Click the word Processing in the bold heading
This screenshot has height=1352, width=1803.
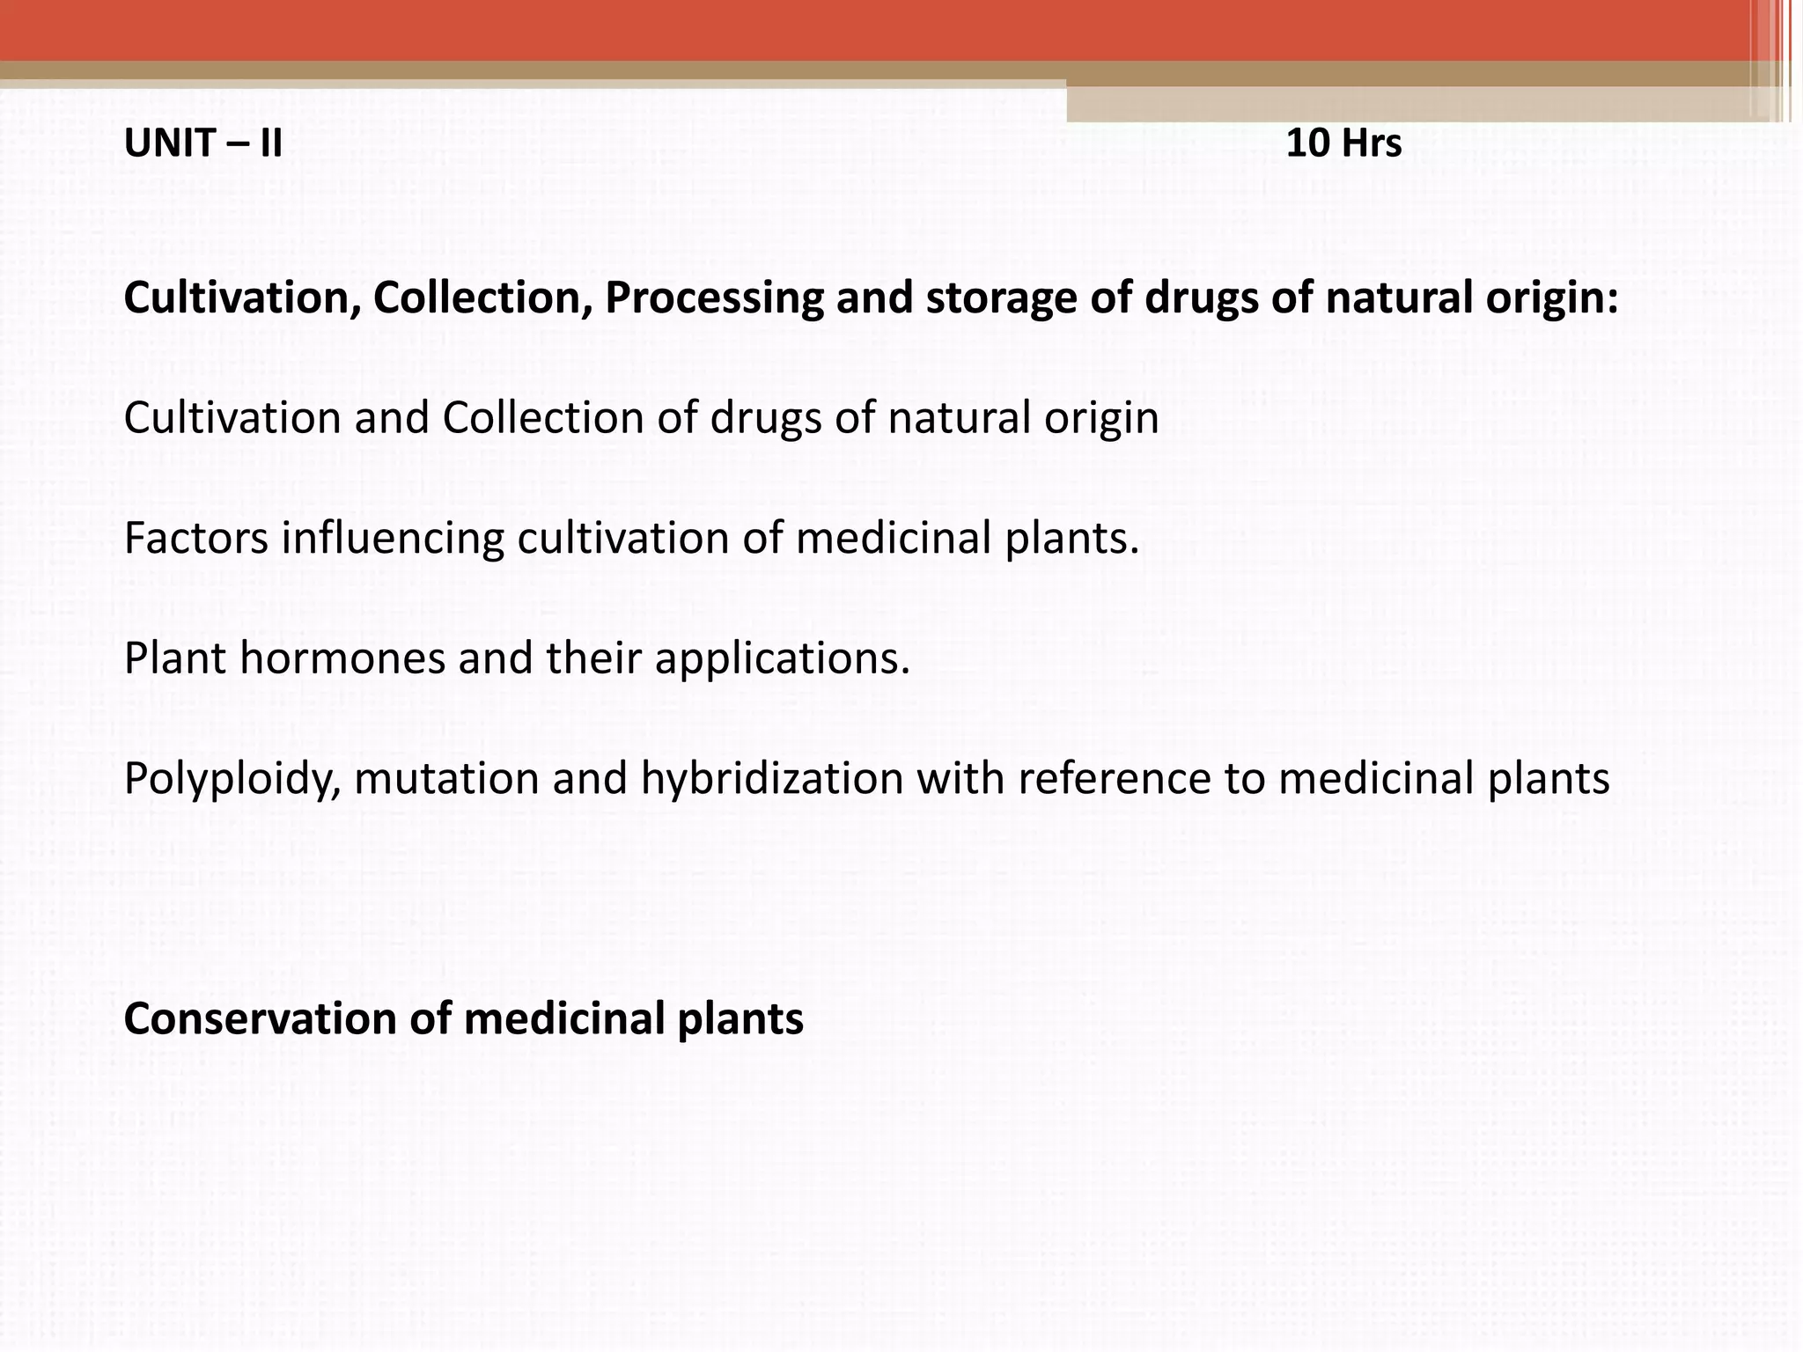tap(714, 298)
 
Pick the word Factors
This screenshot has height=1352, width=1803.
tap(196, 538)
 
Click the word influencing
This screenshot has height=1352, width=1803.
tap(393, 538)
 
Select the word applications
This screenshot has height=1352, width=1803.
tap(782, 658)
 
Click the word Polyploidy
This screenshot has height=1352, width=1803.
tap(232, 779)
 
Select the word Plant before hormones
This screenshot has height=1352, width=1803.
tap(175, 658)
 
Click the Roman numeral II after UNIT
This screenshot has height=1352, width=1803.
tap(270, 143)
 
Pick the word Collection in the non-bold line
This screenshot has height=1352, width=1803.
tap(543, 418)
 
